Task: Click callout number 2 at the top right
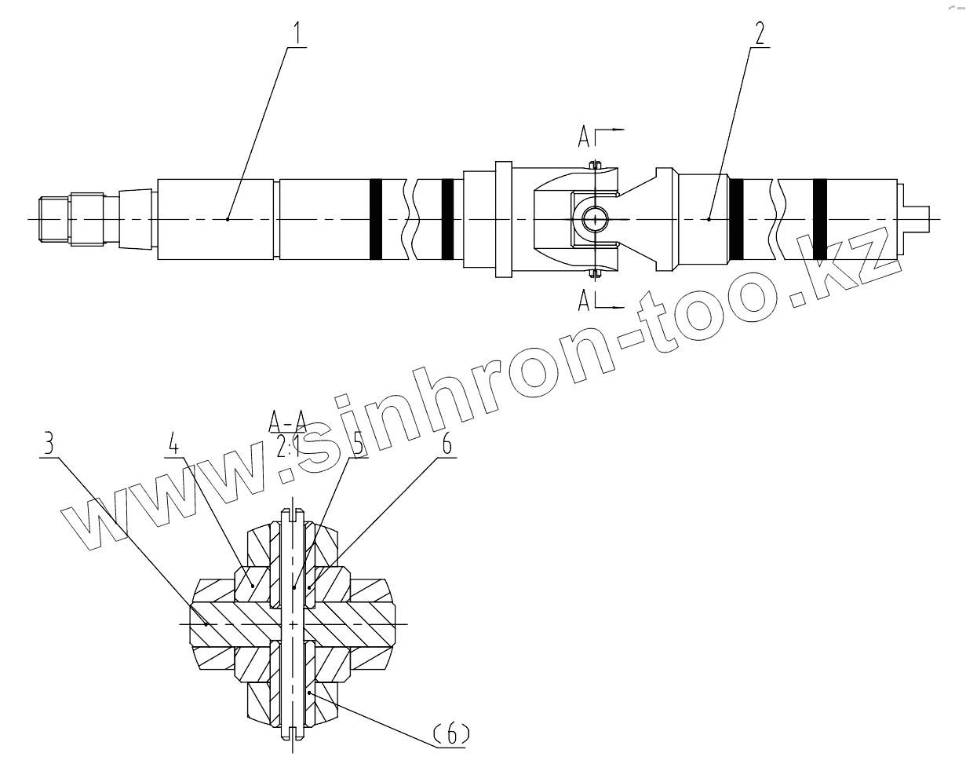pos(759,33)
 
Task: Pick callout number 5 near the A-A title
pos(358,445)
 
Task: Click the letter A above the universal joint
pos(585,138)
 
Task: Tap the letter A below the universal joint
pos(585,299)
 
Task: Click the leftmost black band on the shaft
pos(375,219)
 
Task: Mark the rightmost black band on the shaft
pos(819,219)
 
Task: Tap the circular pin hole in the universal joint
pos(596,219)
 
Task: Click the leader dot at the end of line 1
pos(228,219)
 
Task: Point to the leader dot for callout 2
pos(709,219)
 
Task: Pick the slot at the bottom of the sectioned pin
pos(293,732)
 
